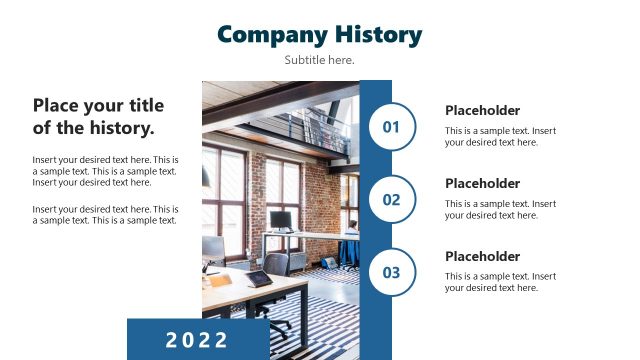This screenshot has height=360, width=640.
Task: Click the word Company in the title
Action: tap(271, 35)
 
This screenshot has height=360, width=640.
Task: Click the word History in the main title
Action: tap(377, 35)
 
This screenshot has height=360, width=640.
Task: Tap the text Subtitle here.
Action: tap(319, 60)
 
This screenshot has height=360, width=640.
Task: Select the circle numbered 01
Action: tap(391, 127)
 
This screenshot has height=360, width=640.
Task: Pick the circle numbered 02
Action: tap(391, 200)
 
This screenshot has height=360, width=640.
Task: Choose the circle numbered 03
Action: tap(391, 272)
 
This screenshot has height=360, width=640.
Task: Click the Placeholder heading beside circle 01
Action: tap(482, 111)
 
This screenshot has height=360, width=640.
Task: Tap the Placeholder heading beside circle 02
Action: tap(482, 184)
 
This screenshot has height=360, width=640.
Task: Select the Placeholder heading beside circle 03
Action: tap(482, 257)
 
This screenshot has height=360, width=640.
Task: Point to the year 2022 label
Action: tap(197, 339)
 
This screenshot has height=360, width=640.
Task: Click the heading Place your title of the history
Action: tap(98, 117)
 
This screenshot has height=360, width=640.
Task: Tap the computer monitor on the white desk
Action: tap(282, 220)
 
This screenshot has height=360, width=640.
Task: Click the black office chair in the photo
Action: tap(277, 265)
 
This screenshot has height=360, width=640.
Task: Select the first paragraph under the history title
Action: tap(105, 171)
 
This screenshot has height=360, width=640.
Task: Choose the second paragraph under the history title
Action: tap(105, 215)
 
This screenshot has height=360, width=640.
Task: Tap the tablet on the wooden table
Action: tap(258, 277)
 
